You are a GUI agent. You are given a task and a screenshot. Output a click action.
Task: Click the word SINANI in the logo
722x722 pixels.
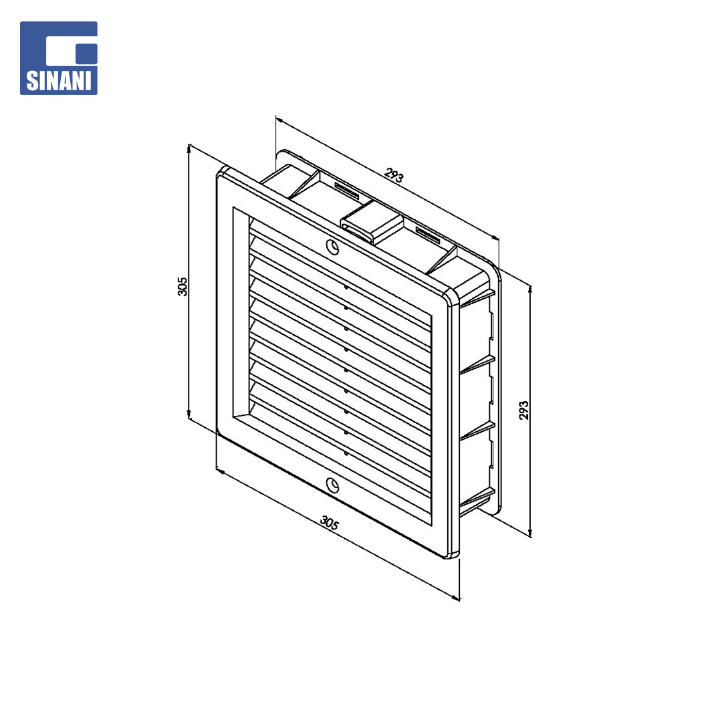58,80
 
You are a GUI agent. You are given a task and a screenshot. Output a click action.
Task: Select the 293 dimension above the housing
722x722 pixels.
394,175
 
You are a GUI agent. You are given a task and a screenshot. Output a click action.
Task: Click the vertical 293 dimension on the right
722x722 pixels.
524,410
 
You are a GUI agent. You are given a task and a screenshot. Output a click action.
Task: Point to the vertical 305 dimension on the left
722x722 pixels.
183,286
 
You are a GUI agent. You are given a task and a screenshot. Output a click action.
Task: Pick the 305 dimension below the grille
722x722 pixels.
330,523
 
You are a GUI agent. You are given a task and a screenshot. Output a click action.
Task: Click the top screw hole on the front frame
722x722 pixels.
332,247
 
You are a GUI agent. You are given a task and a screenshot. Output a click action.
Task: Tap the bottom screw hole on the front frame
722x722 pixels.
332,485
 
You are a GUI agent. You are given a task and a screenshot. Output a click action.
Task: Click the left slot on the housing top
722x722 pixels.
347,189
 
